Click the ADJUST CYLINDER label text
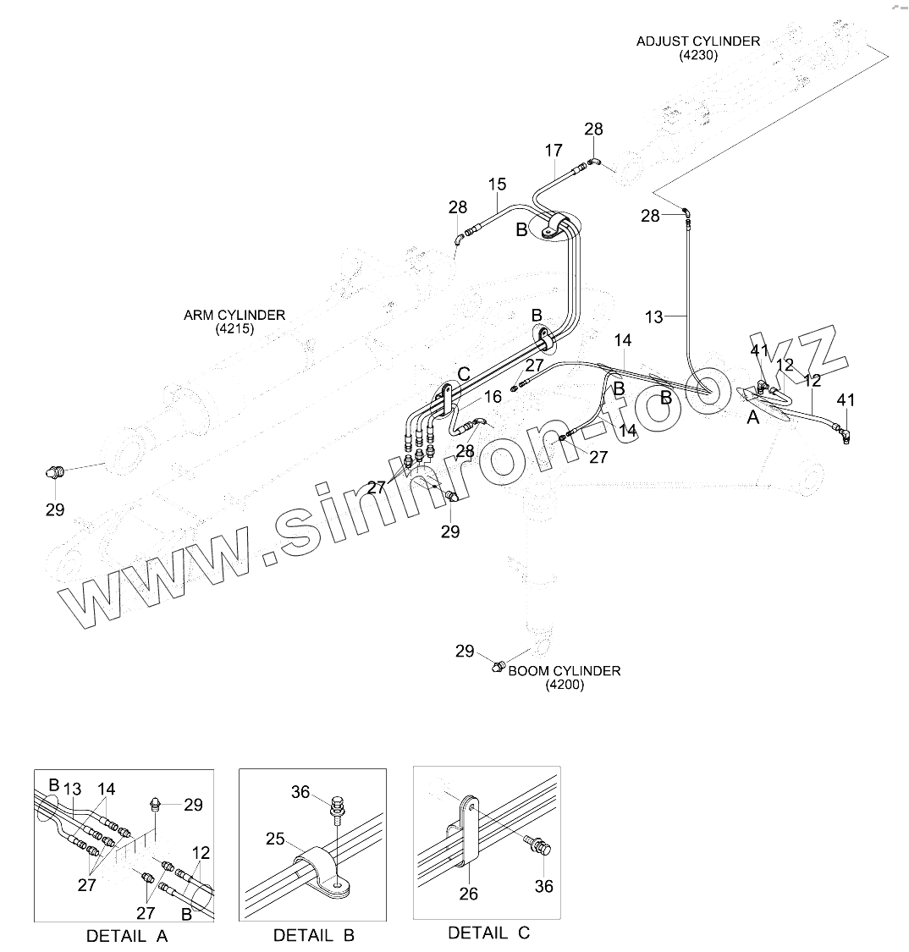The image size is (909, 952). (697, 41)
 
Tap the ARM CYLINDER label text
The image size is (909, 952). (234, 315)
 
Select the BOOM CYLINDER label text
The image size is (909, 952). (564, 670)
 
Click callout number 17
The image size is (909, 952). (553, 151)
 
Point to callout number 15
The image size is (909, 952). (497, 184)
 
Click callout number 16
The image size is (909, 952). (493, 396)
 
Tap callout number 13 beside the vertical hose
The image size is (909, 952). (654, 317)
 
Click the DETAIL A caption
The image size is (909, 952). (127, 936)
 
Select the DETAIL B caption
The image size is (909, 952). (313, 935)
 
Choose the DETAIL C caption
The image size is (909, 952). (488, 933)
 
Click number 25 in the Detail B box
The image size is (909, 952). (275, 839)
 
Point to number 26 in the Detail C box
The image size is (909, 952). (468, 894)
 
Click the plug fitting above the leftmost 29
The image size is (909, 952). (55, 471)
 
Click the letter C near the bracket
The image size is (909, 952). (464, 373)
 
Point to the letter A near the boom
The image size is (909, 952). (752, 416)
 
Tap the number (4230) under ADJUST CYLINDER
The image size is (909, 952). (697, 55)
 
